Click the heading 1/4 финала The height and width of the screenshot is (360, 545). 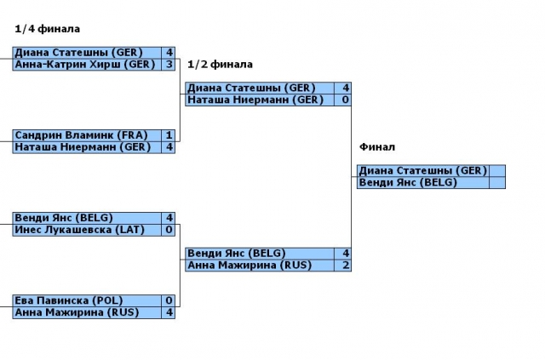[x=41, y=29]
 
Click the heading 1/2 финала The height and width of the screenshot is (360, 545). [x=220, y=64]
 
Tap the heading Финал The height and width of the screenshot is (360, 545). [x=377, y=147]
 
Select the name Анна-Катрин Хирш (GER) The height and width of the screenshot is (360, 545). [x=84, y=64]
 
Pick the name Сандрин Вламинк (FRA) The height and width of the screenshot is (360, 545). [x=81, y=135]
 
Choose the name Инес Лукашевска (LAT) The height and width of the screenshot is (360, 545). [x=81, y=230]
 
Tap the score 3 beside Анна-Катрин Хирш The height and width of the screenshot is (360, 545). [x=169, y=64]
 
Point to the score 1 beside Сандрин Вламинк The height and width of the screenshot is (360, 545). [x=169, y=135]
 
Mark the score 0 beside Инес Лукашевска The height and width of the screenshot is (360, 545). [x=169, y=230]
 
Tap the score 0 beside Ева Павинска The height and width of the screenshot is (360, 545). [x=169, y=300]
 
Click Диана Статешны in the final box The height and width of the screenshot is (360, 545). [x=422, y=171]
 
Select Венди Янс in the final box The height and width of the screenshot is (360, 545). [x=408, y=183]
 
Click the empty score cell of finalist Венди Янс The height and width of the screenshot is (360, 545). [x=497, y=183]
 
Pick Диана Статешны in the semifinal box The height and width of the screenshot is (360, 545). [x=251, y=88]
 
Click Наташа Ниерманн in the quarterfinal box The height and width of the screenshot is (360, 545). [x=82, y=147]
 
